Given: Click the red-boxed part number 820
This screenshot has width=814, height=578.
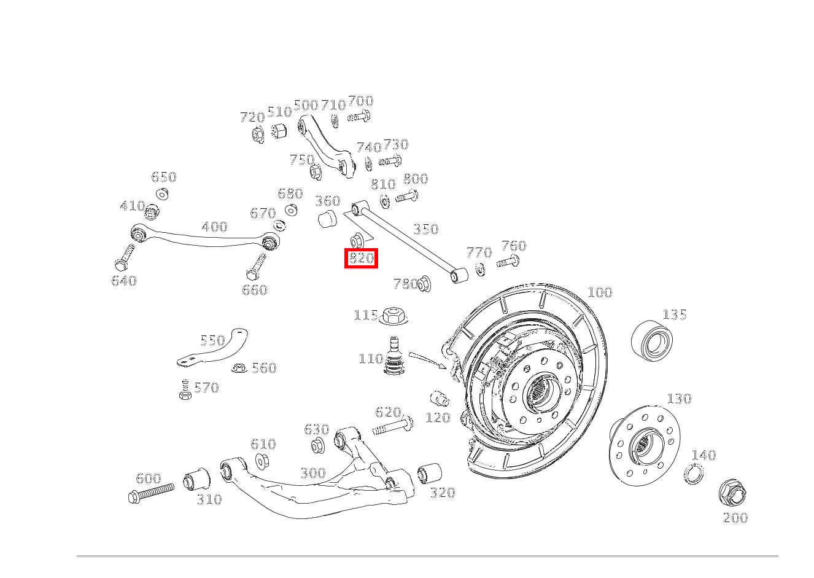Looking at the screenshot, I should click(x=361, y=259).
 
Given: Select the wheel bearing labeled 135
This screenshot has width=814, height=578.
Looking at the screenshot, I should click(x=652, y=340).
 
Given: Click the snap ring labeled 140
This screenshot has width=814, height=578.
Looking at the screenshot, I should click(x=694, y=474).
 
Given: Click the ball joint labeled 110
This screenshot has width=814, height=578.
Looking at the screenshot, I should click(x=394, y=357).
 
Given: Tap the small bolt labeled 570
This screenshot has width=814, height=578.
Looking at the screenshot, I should click(x=185, y=390).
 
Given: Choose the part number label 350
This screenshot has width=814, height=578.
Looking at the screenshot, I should click(x=425, y=229).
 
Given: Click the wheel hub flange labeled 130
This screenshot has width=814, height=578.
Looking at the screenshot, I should click(x=645, y=443).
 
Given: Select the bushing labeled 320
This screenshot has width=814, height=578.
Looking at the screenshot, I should click(x=430, y=473).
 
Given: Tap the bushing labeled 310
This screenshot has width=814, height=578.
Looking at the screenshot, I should click(x=196, y=478).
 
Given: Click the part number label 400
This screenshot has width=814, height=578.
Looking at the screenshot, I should click(x=214, y=227).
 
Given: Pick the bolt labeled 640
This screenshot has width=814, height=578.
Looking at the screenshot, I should click(x=125, y=258).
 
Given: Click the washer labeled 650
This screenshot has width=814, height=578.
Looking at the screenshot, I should click(x=163, y=194).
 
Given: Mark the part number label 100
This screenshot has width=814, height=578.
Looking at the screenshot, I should click(x=600, y=292).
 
